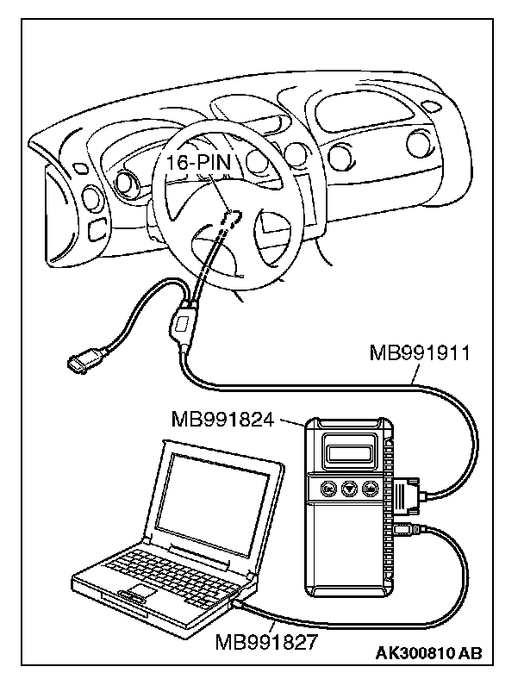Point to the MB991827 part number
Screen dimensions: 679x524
256,641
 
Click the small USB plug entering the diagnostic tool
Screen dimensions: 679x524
405,527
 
